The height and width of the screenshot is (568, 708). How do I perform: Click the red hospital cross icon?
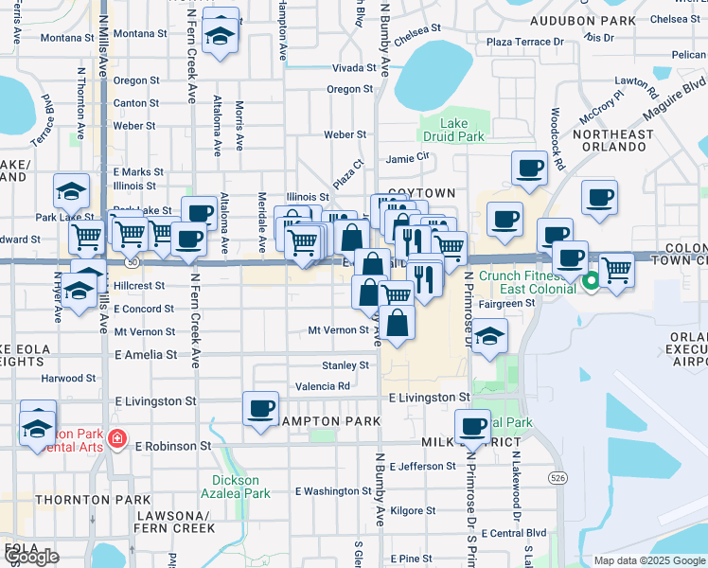[116, 439]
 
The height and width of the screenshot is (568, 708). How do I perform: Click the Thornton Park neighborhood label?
[92, 499]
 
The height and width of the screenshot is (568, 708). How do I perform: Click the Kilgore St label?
[412, 510]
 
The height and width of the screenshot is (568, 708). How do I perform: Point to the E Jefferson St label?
[421, 466]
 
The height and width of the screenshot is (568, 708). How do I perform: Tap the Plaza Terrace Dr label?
[524, 42]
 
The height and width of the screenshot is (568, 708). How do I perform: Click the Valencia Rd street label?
[323, 386]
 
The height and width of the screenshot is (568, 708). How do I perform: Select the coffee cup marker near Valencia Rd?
[260, 408]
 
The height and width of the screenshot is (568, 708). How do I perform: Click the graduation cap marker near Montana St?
[221, 37]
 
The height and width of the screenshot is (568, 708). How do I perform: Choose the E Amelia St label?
[145, 354]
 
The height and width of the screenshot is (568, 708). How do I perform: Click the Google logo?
[32, 557]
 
